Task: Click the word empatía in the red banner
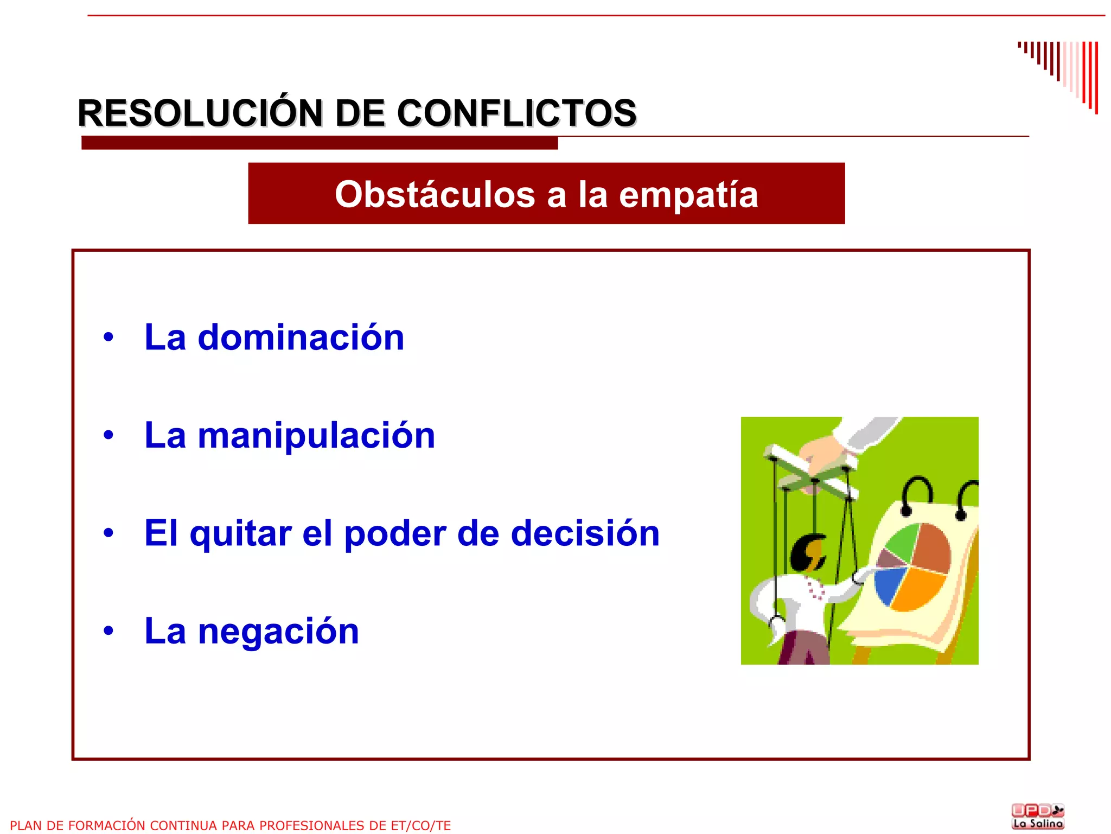tap(688, 194)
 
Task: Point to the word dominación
tap(301, 338)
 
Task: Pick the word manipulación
tap(316, 436)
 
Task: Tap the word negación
tap(278, 632)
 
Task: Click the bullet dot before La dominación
tap(108, 338)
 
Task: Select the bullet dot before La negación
tap(108, 631)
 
